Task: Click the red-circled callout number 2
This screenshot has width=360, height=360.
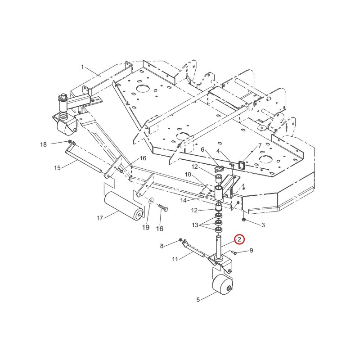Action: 239,240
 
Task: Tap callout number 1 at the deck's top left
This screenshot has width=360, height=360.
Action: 83,67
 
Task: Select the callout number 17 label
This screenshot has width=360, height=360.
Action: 100,218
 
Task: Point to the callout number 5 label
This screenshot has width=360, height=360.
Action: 198,300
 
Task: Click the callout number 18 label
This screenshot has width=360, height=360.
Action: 43,144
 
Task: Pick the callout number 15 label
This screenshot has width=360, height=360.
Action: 58,168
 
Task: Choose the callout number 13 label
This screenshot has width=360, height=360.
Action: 195,225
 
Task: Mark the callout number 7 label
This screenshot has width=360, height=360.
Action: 260,145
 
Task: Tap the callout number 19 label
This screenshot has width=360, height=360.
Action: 146,227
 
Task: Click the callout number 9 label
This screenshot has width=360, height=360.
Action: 251,250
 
